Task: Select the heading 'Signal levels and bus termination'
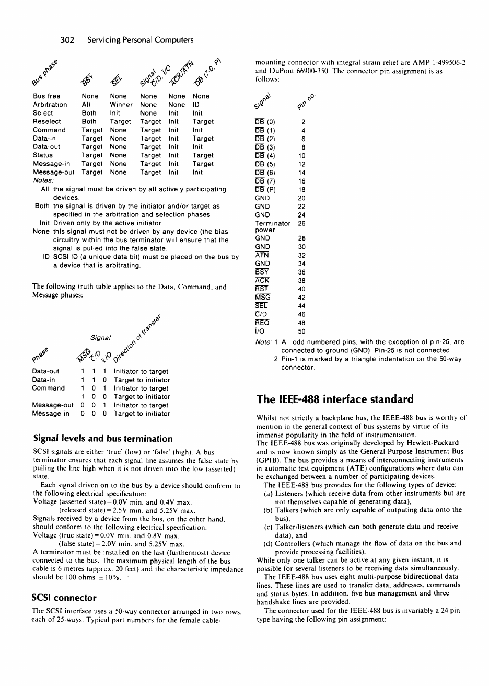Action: click(x=102, y=438)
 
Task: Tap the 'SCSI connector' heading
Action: click(x=64, y=597)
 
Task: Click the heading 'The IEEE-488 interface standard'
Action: click(x=335, y=399)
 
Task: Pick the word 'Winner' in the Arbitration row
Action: click(x=121, y=105)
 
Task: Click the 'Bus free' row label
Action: click(x=46, y=96)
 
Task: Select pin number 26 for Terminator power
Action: click(x=301, y=223)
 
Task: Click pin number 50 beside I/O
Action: click(x=301, y=331)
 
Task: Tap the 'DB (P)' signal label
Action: click(x=265, y=190)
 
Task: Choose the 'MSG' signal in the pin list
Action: click(x=262, y=298)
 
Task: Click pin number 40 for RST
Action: click(x=301, y=289)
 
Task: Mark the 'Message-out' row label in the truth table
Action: click(x=53, y=405)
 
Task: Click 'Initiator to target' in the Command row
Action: click(x=141, y=388)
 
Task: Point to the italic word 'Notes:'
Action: click(x=43, y=180)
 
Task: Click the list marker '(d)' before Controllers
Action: click(x=268, y=543)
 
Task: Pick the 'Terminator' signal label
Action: click(x=272, y=223)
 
